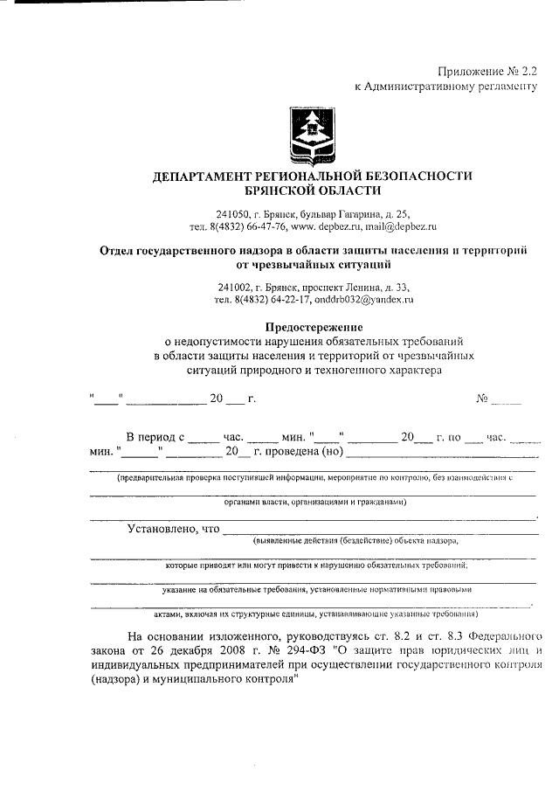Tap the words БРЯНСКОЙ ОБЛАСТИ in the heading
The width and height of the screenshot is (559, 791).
coord(313,191)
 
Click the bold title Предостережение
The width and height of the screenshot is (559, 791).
coord(313,326)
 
